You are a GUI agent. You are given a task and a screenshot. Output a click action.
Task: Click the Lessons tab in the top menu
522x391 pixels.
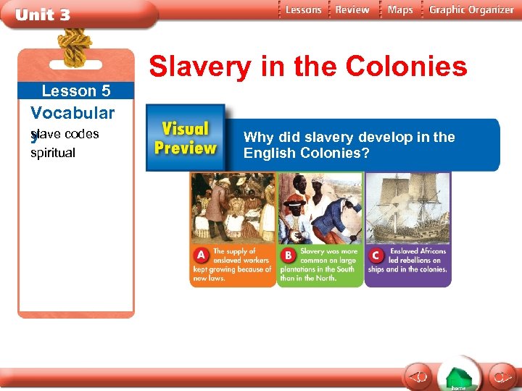(x=303, y=10)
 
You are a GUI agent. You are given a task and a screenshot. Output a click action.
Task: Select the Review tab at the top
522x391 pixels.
(x=352, y=10)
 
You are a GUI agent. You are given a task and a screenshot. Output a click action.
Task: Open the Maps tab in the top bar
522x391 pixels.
(x=400, y=10)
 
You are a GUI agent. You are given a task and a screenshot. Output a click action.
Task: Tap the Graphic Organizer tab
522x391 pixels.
(x=471, y=10)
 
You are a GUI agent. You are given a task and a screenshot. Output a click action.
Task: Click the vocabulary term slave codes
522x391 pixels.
(x=66, y=134)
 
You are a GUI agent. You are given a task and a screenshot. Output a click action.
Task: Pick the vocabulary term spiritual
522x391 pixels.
(x=53, y=153)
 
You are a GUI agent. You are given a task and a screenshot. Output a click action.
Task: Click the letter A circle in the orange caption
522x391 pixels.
(x=201, y=256)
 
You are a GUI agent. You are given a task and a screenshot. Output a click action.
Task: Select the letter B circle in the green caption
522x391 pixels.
(x=289, y=256)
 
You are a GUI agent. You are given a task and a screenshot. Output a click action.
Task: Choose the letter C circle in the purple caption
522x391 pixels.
(x=376, y=256)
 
